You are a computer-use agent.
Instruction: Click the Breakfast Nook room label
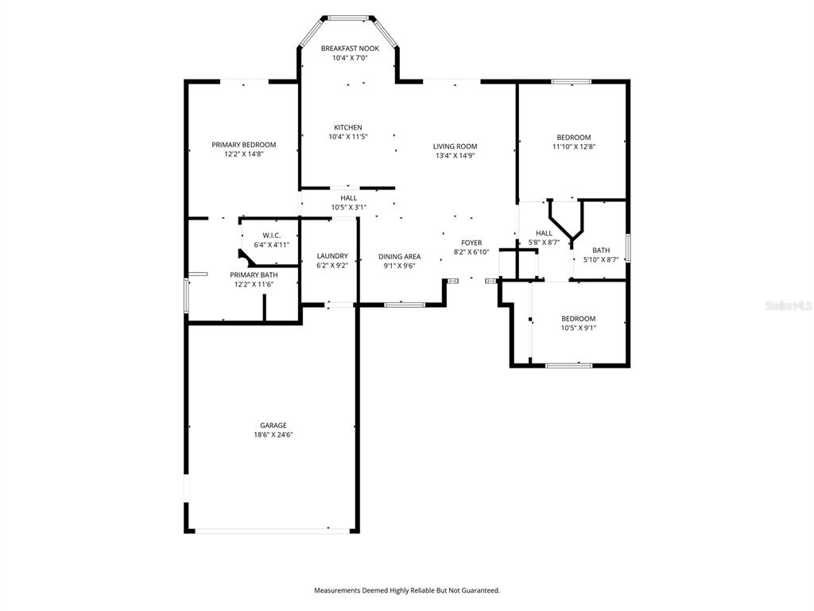350,49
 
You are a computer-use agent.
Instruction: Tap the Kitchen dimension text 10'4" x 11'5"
348,137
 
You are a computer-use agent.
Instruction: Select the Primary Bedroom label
244,145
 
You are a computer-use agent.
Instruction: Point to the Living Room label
455,146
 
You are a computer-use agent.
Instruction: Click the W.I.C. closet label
272,235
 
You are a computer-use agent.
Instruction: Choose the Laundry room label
332,255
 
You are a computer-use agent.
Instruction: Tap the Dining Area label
400,256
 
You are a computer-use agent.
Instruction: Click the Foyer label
471,243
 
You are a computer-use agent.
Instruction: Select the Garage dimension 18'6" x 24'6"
273,435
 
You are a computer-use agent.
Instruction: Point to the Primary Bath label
254,274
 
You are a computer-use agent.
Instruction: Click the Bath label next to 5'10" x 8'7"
601,251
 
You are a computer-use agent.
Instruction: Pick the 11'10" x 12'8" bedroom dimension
574,146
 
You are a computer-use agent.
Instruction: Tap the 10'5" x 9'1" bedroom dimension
579,328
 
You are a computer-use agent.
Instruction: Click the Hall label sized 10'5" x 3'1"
349,198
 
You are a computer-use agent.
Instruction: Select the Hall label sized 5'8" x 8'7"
544,233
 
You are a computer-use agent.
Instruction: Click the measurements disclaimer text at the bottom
407,590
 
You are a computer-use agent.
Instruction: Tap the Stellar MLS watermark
789,305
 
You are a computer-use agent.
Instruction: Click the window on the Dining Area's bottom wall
405,305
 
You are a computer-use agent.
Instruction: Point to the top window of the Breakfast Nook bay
348,18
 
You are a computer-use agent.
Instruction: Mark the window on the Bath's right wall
628,248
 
